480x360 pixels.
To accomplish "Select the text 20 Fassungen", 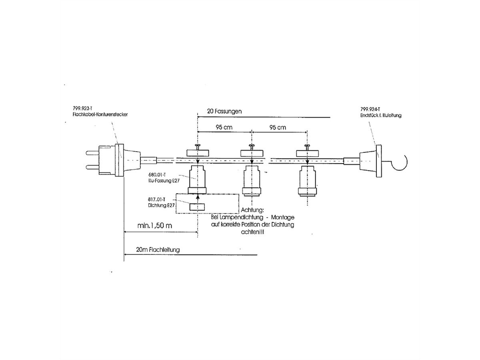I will pos(224,112).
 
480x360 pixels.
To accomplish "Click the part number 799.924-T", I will pos(370,109).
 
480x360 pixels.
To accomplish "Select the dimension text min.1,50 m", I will pos(154,226).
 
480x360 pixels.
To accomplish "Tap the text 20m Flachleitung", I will pos(158,249).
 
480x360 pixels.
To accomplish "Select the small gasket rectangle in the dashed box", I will pos(197,207).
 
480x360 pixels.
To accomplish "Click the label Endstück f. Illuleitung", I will pos(381,115).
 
